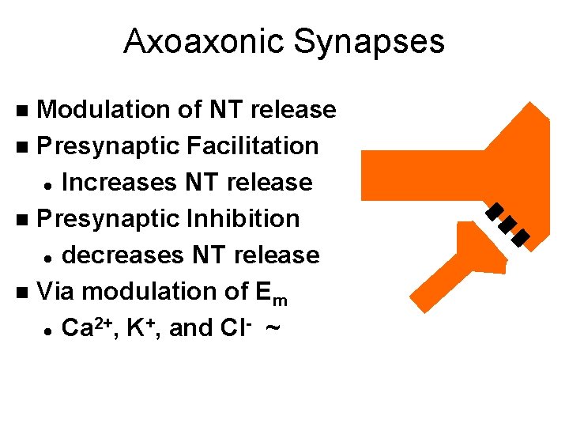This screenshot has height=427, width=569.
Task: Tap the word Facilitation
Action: pos(253,145)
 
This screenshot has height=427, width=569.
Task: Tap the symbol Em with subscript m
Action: pos(272,293)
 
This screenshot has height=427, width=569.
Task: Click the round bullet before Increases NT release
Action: pos(49,183)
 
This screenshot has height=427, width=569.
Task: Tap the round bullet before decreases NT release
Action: pos(49,256)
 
